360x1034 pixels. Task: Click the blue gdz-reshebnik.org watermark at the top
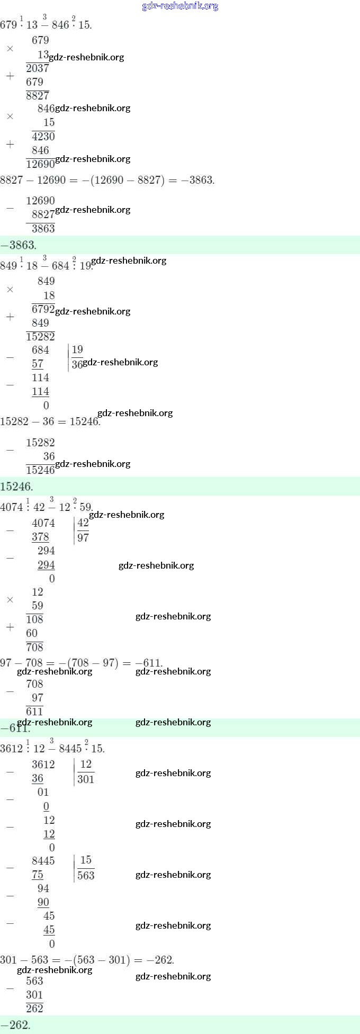coord(180,6)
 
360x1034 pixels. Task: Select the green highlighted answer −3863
coord(18,245)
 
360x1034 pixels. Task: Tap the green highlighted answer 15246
coord(16,486)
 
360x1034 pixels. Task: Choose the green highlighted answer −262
coord(15,1024)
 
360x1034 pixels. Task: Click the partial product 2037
coord(37,68)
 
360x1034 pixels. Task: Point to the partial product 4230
coord(43,137)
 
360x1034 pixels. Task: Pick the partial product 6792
coord(43,309)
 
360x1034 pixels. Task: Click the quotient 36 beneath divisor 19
coord(77,364)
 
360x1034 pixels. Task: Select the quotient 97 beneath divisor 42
coord(83,537)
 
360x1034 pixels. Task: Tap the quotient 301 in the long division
coord(86,779)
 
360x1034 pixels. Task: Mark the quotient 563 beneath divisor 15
coord(86,875)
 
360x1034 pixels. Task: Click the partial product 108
coord(34,619)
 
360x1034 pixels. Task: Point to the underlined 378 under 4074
coord(40,537)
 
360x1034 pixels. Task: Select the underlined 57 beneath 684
coord(38,364)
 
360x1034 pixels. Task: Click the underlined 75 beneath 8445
coord(38,875)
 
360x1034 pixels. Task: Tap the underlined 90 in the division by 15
coord(43,902)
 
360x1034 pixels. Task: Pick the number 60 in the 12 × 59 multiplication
coord(32,633)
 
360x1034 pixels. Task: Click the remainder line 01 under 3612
coord(43,792)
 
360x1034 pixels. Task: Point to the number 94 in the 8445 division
coord(43,888)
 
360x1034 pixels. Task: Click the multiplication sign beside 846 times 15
coord(10,116)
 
